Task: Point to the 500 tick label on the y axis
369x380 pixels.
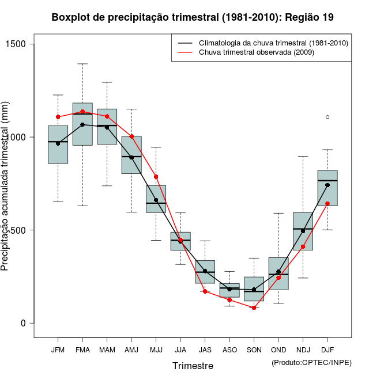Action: (25, 230)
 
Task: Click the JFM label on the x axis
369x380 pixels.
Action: (58, 350)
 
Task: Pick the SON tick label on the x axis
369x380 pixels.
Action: (254, 350)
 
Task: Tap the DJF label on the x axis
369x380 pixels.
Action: (327, 350)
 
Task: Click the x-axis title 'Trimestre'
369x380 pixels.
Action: (193, 366)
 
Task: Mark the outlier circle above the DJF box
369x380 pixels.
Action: (327, 117)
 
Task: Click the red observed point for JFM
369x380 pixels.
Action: (58, 117)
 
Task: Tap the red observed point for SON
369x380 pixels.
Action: (254, 308)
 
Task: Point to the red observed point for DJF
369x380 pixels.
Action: (327, 203)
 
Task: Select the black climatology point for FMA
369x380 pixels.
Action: (82, 124)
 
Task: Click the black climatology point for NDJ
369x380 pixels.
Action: (303, 231)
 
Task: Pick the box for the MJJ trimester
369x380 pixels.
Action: (156, 199)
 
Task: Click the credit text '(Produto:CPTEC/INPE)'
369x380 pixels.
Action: (311, 362)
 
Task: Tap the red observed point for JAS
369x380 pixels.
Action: (205, 291)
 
